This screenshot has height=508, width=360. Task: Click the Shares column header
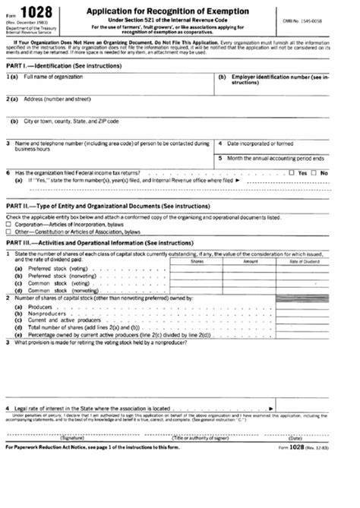click(197, 261)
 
